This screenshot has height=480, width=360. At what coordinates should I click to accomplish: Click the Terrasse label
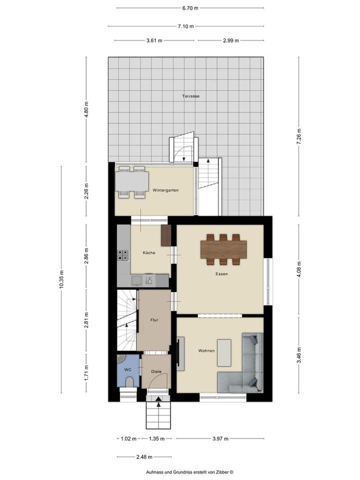[190, 96]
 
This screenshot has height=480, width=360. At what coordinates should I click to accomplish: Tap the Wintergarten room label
[165, 190]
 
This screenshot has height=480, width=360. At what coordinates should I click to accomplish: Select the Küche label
[149, 253]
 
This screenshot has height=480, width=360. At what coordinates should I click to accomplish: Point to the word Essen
[221, 274]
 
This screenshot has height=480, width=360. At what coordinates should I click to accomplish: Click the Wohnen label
[206, 351]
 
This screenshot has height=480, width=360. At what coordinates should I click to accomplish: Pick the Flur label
[154, 320]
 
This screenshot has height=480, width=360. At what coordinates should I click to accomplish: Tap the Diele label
[156, 371]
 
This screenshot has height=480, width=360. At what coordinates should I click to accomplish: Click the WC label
[127, 370]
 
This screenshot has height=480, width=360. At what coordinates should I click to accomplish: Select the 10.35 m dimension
[61, 279]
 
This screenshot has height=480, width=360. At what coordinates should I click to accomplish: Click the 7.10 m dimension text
[186, 26]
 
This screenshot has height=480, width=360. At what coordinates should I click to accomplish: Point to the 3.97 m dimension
[220, 438]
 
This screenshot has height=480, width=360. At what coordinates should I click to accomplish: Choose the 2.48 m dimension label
[144, 457]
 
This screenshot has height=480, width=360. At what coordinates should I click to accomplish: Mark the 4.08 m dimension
[299, 269]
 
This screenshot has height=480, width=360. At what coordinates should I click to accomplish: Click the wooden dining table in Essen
[224, 249]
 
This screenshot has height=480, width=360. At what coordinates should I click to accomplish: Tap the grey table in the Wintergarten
[132, 181]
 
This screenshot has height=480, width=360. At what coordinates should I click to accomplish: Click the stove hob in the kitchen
[123, 255]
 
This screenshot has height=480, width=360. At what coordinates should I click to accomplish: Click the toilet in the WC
[130, 382]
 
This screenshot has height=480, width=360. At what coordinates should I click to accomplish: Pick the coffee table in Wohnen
[224, 353]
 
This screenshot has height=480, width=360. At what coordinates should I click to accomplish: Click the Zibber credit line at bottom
[190, 472]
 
